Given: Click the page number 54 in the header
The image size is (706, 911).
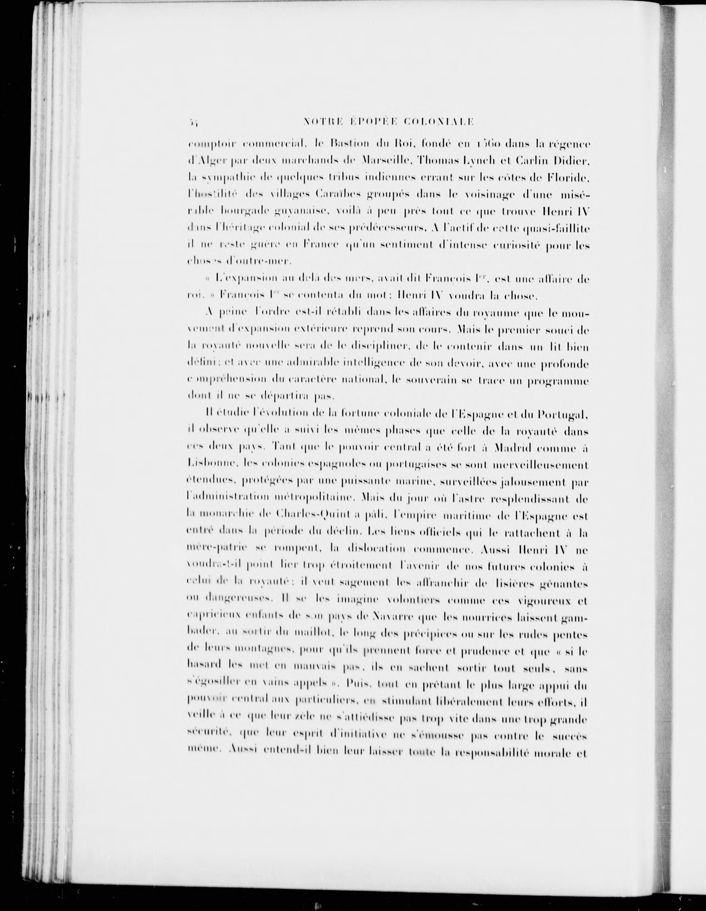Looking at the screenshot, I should [193, 122].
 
